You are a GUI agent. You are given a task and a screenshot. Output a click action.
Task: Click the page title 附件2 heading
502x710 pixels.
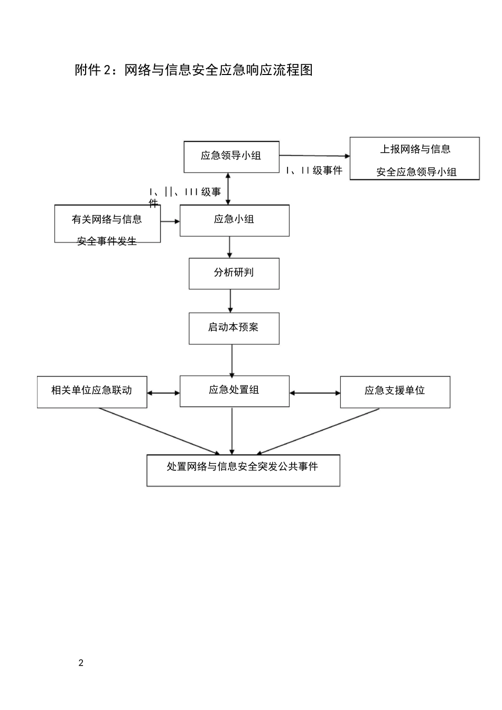coord(193,70)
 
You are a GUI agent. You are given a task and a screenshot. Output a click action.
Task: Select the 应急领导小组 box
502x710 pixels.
coord(231,157)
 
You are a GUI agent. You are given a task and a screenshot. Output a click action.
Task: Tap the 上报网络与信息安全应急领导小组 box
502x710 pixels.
coord(415,159)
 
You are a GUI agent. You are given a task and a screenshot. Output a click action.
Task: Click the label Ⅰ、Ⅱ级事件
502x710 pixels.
coord(314,171)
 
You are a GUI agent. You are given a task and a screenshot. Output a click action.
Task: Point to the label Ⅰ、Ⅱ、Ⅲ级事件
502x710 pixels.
coord(184,193)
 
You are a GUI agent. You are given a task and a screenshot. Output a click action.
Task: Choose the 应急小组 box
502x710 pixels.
coord(235,220)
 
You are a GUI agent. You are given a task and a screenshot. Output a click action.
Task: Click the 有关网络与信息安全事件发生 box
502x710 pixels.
coord(107,225)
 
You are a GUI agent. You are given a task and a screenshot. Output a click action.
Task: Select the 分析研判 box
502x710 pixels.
coord(234,274)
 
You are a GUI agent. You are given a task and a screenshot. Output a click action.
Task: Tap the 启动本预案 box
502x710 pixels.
coord(234,329)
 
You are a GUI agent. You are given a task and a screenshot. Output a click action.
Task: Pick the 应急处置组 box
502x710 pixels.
coord(235,391)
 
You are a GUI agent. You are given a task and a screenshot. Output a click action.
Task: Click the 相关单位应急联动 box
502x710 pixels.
coord(92,392)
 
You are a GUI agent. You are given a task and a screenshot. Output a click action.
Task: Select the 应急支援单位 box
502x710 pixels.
coord(395,392)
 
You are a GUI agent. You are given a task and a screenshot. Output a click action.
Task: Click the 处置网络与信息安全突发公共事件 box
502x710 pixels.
coord(243,470)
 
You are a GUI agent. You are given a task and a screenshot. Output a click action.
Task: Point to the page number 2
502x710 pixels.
coord(81,664)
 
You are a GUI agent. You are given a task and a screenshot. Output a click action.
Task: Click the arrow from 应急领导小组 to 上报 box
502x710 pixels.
coord(314,156)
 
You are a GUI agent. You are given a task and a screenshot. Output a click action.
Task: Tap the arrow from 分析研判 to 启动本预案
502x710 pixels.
coord(230,301)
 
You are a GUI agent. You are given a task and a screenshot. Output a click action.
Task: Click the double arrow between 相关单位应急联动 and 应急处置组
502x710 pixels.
coord(163,393)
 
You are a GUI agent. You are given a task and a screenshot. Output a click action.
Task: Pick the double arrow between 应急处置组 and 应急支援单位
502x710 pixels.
coord(315,393)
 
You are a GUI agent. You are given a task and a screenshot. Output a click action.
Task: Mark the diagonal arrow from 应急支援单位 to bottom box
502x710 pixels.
coord(317,432)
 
